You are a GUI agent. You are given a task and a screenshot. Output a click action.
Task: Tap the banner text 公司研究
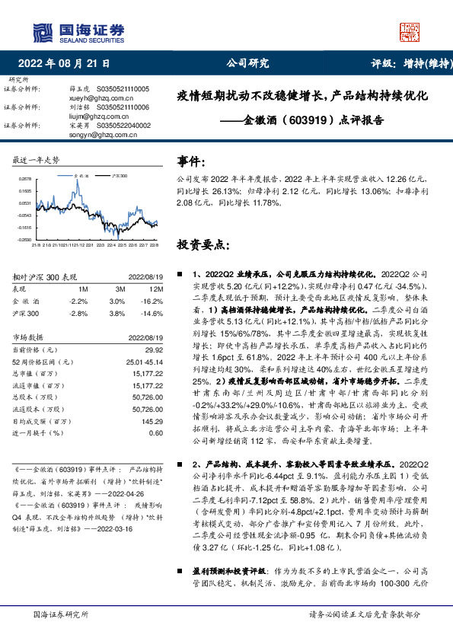coord(247,64)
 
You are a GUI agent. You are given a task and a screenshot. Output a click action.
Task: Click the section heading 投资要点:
coord(202,245)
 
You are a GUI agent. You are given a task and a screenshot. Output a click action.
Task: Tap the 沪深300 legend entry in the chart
coord(116,174)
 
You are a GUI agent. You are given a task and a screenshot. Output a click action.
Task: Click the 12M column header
coord(155,289)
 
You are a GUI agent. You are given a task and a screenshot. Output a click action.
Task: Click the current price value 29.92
coord(155,348)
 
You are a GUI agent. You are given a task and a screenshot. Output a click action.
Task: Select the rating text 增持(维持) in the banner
coord(423,64)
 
